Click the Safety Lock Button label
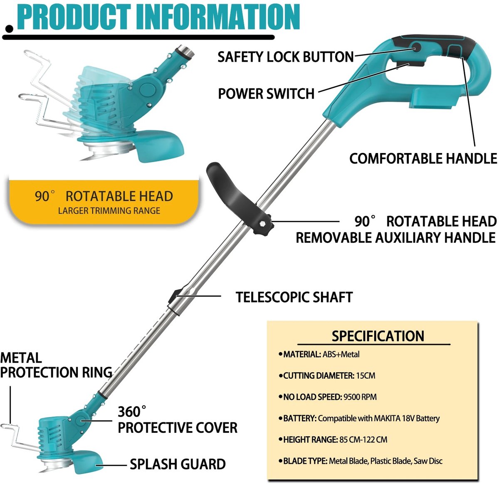pos(285,57)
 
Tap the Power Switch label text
pos(266,94)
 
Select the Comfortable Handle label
pos(423,158)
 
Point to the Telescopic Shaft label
pos(294,297)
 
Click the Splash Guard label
pos(178,464)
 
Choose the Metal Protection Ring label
pos(56,365)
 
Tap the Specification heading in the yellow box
pos(378,336)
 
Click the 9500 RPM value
pos(360,397)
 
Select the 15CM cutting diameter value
pos(366,376)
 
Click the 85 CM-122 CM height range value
pos(363,440)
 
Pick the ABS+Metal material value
pos(341,354)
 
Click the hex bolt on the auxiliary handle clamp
pos(262,224)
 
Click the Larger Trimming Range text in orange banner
pos(109,211)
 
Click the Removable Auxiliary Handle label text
pos(395,238)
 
